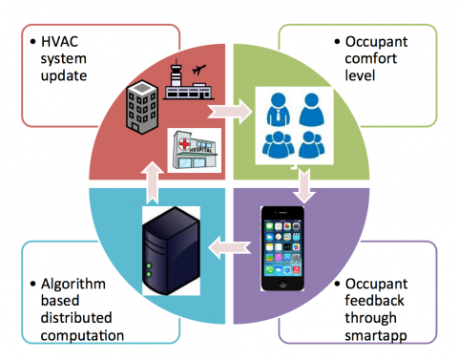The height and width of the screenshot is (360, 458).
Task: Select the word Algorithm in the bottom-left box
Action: point(73,285)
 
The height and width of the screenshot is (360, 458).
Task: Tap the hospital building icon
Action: point(194,151)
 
